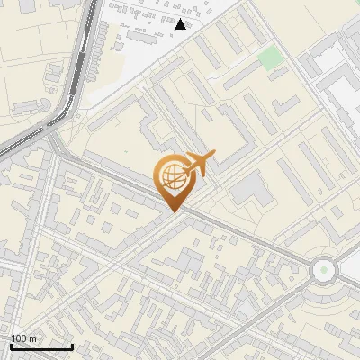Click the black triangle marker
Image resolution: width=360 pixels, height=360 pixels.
point(181,24)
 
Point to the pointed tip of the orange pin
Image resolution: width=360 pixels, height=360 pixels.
point(172,211)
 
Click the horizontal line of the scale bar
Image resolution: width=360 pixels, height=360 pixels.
point(41,346)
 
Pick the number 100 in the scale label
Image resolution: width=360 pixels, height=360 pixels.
point(19,338)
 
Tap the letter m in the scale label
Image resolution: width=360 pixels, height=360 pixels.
point(32,338)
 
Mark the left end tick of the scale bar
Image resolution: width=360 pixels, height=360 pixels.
point(11,346)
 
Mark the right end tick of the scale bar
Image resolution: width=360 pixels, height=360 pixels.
point(72,346)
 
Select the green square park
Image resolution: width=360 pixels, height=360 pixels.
point(270,58)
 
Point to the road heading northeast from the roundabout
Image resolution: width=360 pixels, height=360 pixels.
point(342,243)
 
